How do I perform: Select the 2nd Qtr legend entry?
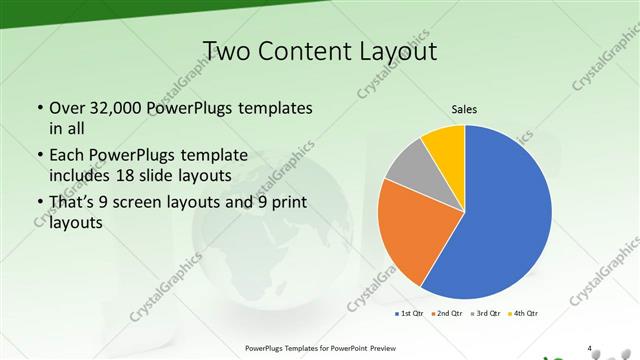451,314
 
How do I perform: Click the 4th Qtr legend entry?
526,314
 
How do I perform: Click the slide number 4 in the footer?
590,348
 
